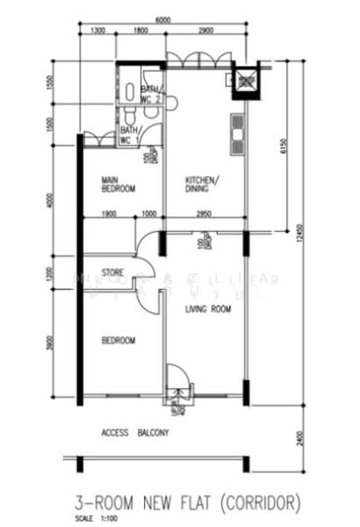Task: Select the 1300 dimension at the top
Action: pyautogui.click(x=97, y=32)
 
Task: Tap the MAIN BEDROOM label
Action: pyautogui.click(x=119, y=184)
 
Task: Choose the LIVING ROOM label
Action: pyautogui.click(x=207, y=310)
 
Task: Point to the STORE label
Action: pyautogui.click(x=112, y=271)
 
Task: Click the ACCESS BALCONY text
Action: pyautogui.click(x=134, y=433)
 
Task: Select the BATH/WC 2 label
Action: pyautogui.click(x=151, y=94)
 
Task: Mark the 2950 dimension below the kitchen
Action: pyautogui.click(x=203, y=214)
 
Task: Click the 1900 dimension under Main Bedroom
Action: pyautogui.click(x=109, y=214)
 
